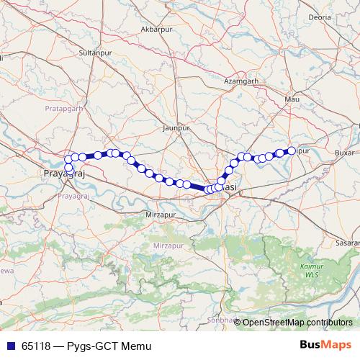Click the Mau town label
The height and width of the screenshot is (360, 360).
point(292,98)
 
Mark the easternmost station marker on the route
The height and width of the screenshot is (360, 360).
point(292,150)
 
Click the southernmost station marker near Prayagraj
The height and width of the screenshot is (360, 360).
point(68,168)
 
